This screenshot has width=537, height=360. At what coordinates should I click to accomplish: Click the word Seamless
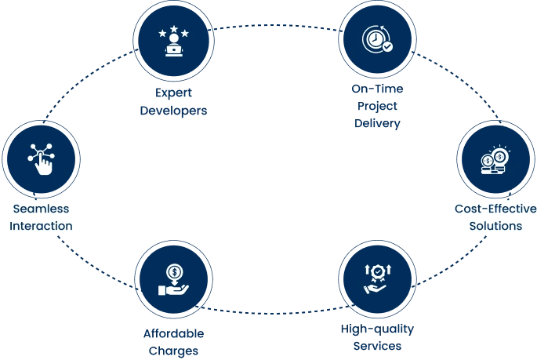pyautogui.click(x=42, y=209)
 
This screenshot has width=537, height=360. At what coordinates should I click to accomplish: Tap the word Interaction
pyautogui.click(x=42, y=226)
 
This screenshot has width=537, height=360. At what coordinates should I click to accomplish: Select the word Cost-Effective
pyautogui.click(x=495, y=209)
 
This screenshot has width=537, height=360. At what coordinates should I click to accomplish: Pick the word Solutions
pyautogui.click(x=495, y=226)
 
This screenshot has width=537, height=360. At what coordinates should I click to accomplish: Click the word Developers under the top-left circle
pyautogui.click(x=173, y=112)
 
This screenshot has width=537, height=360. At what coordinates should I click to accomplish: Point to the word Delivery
pyautogui.click(x=377, y=124)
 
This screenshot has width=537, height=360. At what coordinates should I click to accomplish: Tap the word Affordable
pyautogui.click(x=173, y=333)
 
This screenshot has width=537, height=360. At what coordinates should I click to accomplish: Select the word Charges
pyautogui.click(x=173, y=349)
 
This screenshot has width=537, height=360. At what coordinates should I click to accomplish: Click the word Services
pyautogui.click(x=377, y=346)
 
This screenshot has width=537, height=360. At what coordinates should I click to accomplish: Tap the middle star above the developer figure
pyautogui.click(x=173, y=30)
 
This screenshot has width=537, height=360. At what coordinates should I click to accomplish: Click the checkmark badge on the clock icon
pyautogui.click(x=386, y=47)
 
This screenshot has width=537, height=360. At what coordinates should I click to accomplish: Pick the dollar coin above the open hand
pyautogui.click(x=173, y=272)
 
